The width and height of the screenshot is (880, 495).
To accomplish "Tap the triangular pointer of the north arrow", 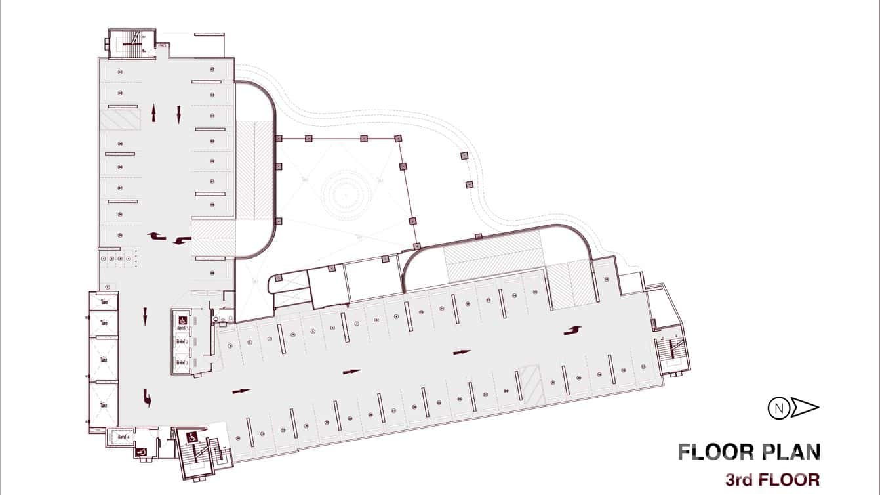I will point(805,408).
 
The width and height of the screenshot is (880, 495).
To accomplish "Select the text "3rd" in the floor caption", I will point(739,479).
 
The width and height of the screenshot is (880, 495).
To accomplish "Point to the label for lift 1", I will point(181,327).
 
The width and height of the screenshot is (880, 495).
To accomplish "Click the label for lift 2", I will point(181,343).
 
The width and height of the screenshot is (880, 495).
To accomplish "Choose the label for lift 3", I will point(181,362).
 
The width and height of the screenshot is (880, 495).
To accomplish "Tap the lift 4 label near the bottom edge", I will point(123,435).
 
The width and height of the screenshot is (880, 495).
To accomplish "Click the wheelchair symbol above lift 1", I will point(182,319).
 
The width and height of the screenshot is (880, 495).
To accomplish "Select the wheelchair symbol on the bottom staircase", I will point(193,436).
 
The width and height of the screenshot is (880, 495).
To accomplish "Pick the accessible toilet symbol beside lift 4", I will point(140,452).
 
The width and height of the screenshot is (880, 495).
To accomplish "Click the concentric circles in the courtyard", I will point(346,194).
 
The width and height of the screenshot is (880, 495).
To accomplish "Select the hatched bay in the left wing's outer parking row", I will point(120,119).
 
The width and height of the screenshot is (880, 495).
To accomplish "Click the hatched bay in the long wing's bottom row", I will point(530,384).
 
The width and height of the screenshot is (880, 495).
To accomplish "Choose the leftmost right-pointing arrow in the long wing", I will point(241,391).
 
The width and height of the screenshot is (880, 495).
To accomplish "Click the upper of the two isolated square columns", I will point(464,156).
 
